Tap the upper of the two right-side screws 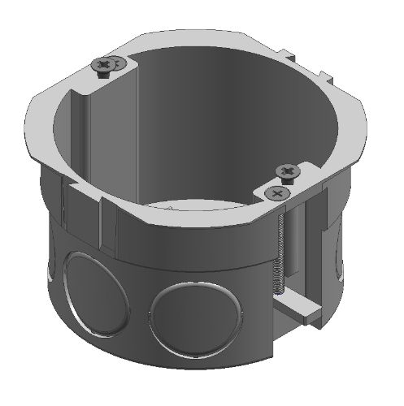[289, 171]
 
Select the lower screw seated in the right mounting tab [277, 193]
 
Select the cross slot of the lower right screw [277, 193]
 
